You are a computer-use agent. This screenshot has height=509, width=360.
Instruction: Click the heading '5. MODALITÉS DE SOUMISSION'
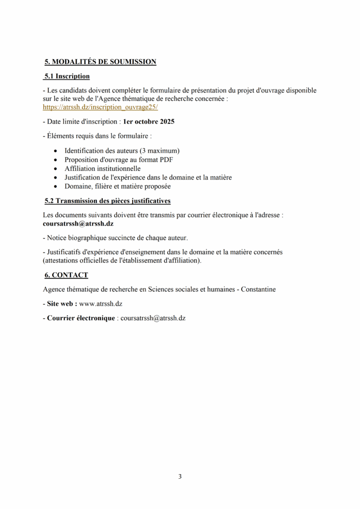tap(100, 62)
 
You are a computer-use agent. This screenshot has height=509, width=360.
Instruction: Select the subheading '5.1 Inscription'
tap(67, 77)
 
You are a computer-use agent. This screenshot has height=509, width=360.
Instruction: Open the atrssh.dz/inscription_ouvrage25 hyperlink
tap(100, 107)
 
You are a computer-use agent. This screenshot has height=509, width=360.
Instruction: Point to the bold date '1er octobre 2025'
tap(149, 121)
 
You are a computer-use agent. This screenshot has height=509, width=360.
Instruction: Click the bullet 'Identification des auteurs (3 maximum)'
tap(122, 151)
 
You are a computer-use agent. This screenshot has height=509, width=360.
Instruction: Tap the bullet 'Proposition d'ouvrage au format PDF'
tap(118, 160)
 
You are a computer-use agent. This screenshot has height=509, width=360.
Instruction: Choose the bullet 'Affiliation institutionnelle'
tap(102, 169)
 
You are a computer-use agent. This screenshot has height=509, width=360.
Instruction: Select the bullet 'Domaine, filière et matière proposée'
tap(117, 186)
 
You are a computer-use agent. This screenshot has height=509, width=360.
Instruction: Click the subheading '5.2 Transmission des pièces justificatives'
tap(108, 201)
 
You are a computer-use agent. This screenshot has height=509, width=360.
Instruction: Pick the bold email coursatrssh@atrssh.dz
tap(78, 224)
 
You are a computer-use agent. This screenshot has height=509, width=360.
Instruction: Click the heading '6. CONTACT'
tap(66, 275)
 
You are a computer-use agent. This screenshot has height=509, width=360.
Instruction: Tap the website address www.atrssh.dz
tap(101, 303)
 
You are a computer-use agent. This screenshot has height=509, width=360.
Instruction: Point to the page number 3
tap(180, 477)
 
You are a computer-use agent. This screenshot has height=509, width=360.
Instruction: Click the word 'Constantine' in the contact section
tap(258, 289)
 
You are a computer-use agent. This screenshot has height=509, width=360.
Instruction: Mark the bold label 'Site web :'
tap(62, 303)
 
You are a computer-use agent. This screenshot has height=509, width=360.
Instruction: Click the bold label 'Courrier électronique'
tap(81, 318)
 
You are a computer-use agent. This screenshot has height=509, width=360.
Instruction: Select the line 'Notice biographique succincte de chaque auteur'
tap(117, 238)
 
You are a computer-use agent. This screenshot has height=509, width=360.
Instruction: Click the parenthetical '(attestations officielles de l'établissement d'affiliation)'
tap(122, 260)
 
